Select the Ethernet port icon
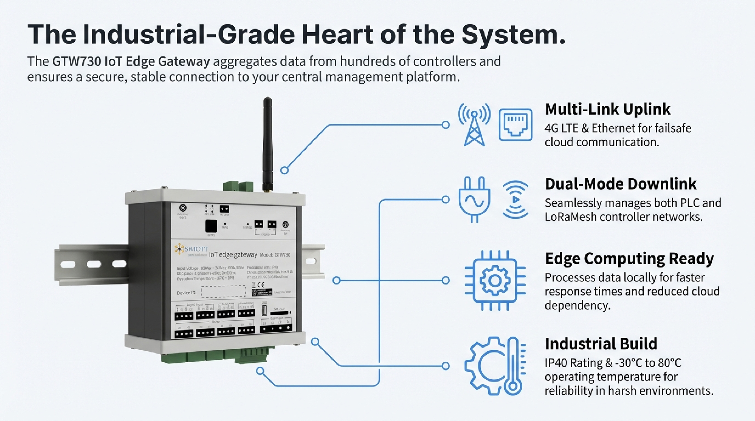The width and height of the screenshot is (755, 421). pos(516,125)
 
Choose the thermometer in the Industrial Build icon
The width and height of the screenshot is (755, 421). pos(513,366)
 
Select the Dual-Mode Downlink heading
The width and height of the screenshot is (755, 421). pos(620,184)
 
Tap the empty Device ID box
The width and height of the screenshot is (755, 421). pos(223,292)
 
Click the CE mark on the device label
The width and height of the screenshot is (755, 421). pos(261,285)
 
